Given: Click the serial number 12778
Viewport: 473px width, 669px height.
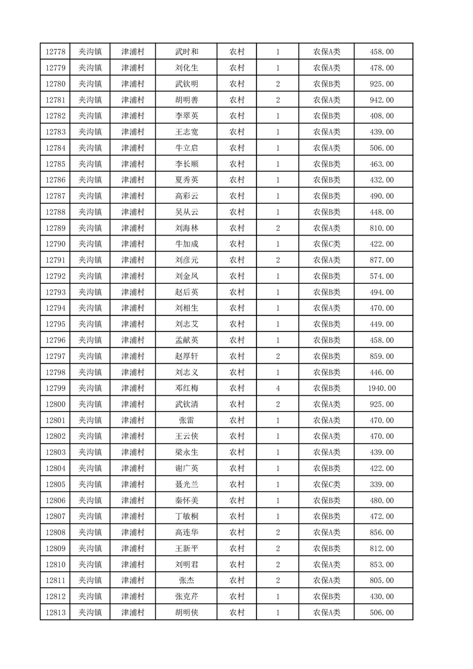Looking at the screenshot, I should coord(55,52).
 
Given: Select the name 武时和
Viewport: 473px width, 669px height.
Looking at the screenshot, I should coord(186,52).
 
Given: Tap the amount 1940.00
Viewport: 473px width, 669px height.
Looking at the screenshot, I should coord(382,389).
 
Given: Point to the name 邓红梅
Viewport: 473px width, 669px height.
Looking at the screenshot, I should coord(186,389).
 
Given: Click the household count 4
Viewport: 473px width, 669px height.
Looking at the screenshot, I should coord(278,389).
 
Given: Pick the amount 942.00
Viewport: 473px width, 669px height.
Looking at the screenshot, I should coord(382,100).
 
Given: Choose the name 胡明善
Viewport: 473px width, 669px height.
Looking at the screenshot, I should coord(186,100).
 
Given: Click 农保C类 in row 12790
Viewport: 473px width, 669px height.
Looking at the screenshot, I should coord(326,244).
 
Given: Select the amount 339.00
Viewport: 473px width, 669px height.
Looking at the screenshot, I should coord(382,485).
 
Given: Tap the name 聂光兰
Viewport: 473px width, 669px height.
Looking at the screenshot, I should coord(186,485).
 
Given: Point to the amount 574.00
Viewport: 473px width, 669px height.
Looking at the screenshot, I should coord(382,277).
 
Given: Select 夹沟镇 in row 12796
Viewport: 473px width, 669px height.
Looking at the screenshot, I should coord(91,340).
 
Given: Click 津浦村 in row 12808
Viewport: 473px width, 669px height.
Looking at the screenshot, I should coord(133,532).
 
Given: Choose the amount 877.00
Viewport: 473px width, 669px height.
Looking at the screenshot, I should coord(382,261).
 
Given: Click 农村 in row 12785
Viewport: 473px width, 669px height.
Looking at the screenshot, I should coord(237,164).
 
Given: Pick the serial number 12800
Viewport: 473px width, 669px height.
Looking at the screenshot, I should coord(55,405).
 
